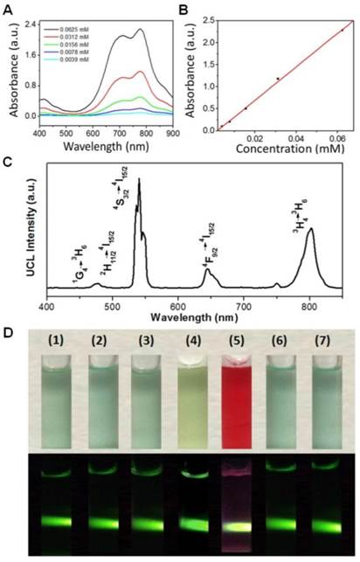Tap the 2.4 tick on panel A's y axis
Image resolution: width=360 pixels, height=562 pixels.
point(28,24)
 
